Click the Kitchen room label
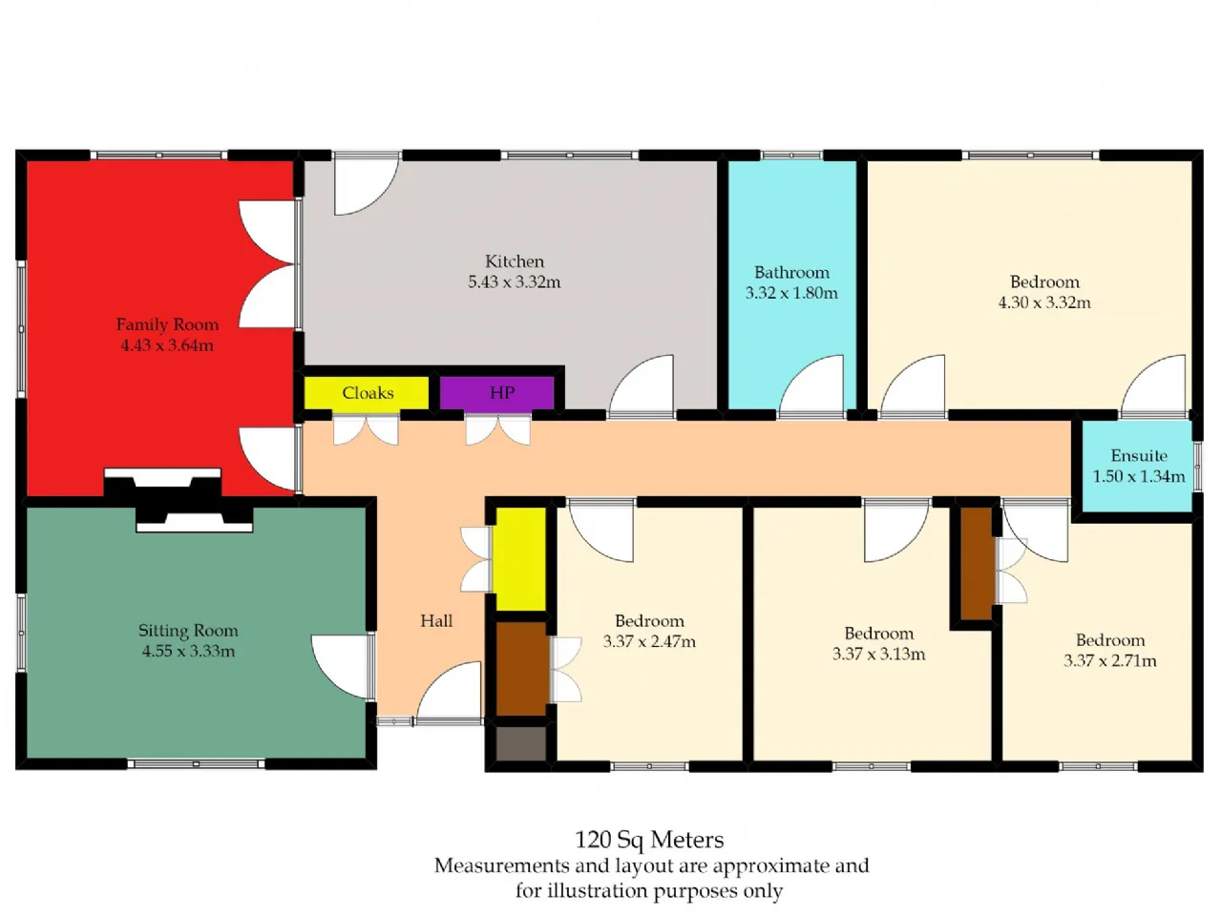click(x=514, y=260)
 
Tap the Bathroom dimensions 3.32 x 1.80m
click(x=791, y=293)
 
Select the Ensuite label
click(x=1139, y=455)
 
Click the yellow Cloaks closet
click(x=367, y=393)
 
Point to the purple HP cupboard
click(x=496, y=393)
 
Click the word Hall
click(x=436, y=620)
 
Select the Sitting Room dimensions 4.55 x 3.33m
click(x=188, y=651)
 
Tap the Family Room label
click(x=167, y=324)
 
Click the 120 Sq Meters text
click(x=649, y=840)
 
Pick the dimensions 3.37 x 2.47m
click(x=649, y=641)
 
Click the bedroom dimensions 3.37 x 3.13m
click(x=878, y=654)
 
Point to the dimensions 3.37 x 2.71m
click(x=1109, y=660)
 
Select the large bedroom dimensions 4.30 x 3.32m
click(x=1044, y=302)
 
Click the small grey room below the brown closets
click(x=520, y=743)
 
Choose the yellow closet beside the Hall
click(x=520, y=559)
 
